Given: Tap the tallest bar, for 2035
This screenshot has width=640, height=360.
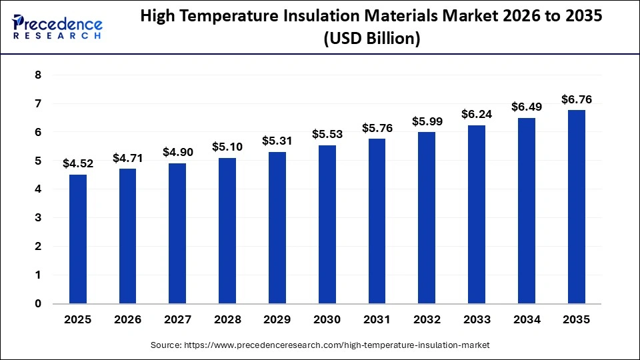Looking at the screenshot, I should coord(577,207).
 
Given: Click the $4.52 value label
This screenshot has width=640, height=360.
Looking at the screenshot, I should coord(78,163).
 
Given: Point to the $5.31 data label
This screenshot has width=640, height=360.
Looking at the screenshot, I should coord(277,141).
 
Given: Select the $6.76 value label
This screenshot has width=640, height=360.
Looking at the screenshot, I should coord(577,99).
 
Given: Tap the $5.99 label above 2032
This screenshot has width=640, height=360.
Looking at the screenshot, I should coord(427,121).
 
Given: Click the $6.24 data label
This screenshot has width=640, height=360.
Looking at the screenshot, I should coord(477,114).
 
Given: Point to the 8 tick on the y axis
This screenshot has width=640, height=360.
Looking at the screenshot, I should coord(38,75).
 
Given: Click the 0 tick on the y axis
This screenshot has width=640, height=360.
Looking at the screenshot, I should coord(38,303).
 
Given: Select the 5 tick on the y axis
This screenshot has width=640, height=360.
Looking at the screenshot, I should coord(38,161).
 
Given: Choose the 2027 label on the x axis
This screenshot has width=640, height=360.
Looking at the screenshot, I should coord(177,320).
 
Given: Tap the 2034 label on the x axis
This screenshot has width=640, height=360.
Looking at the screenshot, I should coord(527,320).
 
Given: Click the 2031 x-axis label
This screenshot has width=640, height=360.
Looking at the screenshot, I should coord(377,320).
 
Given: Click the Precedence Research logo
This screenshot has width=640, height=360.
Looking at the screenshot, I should coord(57,27).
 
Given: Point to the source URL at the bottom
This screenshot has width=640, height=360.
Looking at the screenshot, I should coord(320,345).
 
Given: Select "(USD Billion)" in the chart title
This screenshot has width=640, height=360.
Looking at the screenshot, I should coord(371,39).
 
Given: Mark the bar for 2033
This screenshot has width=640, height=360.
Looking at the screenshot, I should coord(477,214).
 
